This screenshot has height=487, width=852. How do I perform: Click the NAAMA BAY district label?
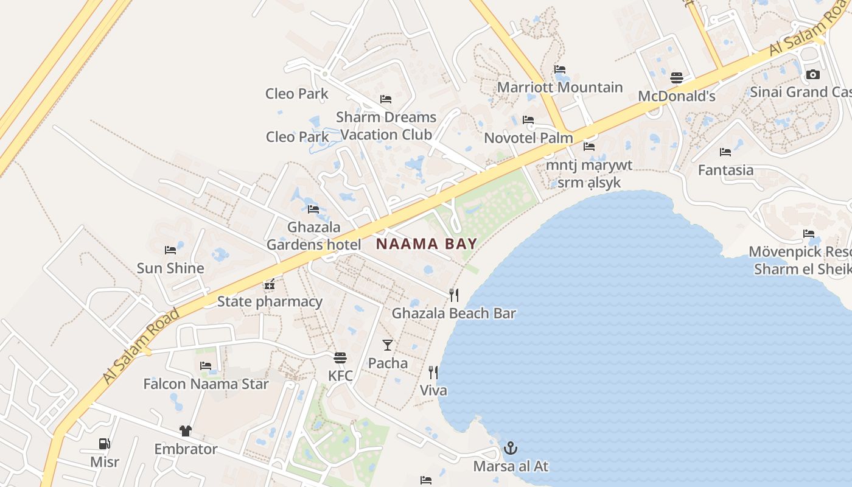(426, 244)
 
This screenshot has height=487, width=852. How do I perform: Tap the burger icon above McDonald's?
(677, 78)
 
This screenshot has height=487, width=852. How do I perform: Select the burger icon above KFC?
(340, 357)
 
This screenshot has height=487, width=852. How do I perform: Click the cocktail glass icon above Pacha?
(388, 345)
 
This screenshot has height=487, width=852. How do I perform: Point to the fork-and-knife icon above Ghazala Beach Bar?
(453, 295)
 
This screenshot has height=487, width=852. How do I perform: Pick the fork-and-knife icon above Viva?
(433, 372)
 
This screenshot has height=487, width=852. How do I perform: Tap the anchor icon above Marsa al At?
(511, 449)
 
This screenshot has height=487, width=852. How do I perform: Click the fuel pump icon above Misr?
(105, 444)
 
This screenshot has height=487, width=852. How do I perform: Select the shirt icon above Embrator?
(186, 431)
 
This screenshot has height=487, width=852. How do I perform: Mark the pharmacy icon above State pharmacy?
(270, 284)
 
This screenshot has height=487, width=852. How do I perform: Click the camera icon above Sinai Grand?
(812, 75)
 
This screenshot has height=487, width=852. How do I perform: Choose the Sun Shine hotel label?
(170, 268)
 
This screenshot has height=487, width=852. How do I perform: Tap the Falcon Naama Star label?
(206, 384)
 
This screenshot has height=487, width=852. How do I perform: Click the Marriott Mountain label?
(560, 87)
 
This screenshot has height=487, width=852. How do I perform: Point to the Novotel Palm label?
(528, 138)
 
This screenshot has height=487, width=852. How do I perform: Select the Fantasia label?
(725, 170)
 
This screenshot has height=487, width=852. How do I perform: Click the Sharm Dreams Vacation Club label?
(386, 125)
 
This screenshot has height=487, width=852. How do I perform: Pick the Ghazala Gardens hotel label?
(313, 236)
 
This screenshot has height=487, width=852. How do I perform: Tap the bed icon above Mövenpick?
(809, 233)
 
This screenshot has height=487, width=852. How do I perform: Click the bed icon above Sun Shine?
(170, 250)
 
